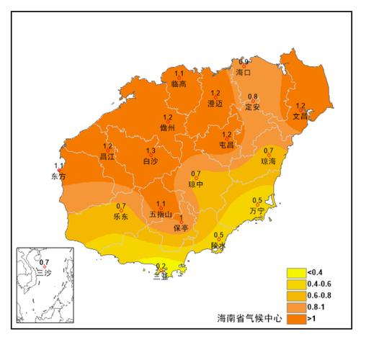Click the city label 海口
pos(243,73)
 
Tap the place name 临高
pos(179,84)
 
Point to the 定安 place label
pos(252,107)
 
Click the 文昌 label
pos(300,115)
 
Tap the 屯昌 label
pos(226,145)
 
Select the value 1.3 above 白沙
pos(151,150)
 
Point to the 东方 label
pos(58,176)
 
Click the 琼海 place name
pos(268,162)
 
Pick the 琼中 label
pos(196,184)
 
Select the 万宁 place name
pos(257,211)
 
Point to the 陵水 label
pos(218,246)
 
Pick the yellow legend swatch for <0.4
pos(295,273)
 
